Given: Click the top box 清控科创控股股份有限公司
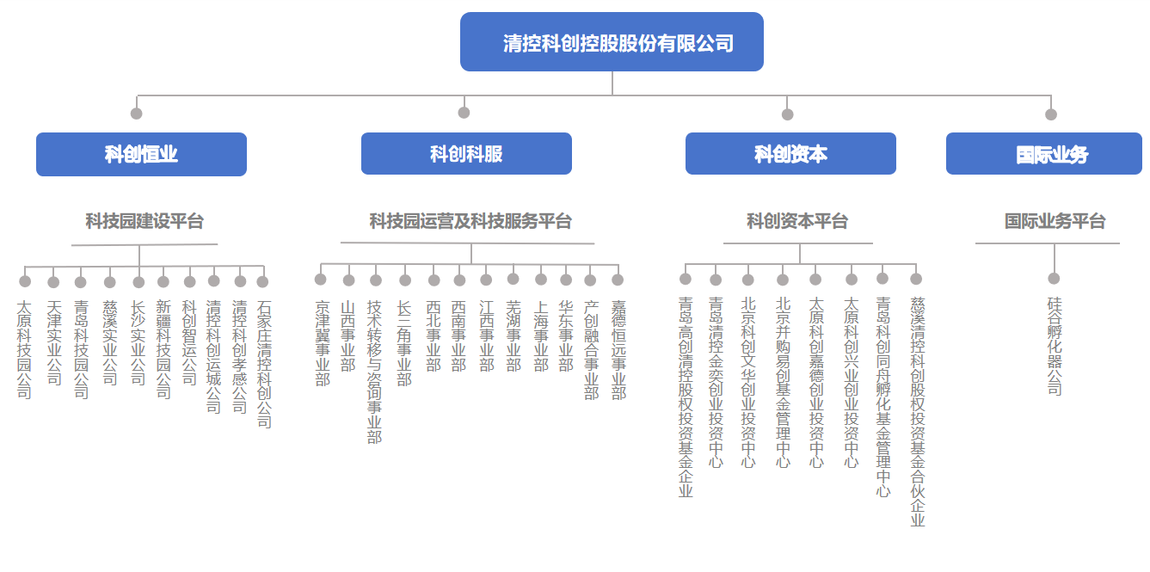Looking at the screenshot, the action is coord(612,41).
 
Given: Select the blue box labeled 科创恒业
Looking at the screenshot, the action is coord(141,154).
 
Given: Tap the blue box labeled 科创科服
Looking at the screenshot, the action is coord(466,153).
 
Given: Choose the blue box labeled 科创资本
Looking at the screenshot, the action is coord(790,153).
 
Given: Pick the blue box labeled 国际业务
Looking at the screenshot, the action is coord(1044,153).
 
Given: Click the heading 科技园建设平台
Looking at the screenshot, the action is coord(145,221).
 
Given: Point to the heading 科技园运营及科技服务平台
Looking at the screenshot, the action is coord(470,221).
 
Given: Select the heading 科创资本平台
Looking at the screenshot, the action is coord(797,221).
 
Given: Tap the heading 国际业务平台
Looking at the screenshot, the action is coord(1055,221).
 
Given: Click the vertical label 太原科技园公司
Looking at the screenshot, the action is coord(24,350).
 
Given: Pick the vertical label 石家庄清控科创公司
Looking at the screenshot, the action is coord(264,364).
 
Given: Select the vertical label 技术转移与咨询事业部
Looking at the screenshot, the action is coord(374,372).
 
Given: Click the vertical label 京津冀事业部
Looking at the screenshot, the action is coord(323,343).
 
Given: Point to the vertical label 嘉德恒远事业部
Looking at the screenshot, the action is coord(618,350).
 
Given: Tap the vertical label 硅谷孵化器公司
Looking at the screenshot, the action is coord(1055,346).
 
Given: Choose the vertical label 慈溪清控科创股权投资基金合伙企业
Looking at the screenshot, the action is coord(918,411).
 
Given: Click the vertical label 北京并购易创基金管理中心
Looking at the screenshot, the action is coord(783,382).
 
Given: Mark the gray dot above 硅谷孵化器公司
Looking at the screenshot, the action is coord(1054,279).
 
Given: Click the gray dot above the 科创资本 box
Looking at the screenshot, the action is coord(788,114).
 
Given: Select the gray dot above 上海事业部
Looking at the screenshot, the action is coord(541,280).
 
